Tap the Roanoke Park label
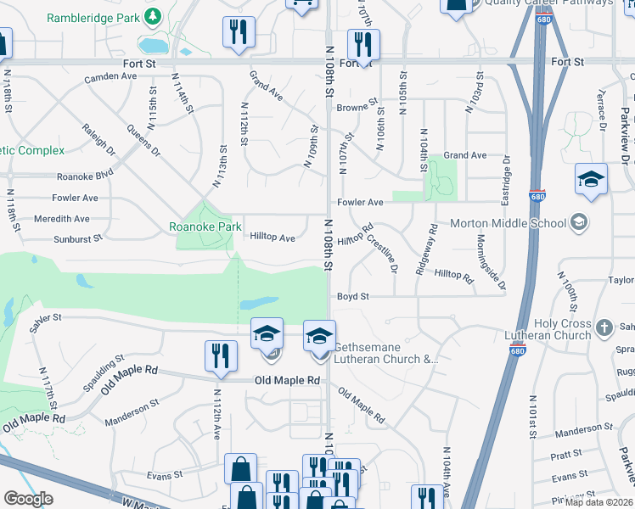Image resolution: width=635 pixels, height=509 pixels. pyautogui.click(x=205, y=227)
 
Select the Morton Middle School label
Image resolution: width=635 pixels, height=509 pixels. pyautogui.click(x=508, y=223)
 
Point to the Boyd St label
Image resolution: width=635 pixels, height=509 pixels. pyautogui.click(x=353, y=297)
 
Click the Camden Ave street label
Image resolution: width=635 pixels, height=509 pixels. pyautogui.click(x=110, y=76)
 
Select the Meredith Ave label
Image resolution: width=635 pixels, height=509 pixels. pyautogui.click(x=62, y=218)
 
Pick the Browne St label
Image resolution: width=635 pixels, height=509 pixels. pyautogui.click(x=357, y=108)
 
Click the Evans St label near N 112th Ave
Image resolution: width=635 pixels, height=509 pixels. pyautogui.click(x=165, y=477)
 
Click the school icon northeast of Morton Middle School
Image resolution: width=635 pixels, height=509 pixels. pyautogui.click(x=591, y=180)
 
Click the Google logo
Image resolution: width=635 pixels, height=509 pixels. pyautogui.click(x=28, y=499)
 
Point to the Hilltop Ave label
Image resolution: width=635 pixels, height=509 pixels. pyautogui.click(x=273, y=238)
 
